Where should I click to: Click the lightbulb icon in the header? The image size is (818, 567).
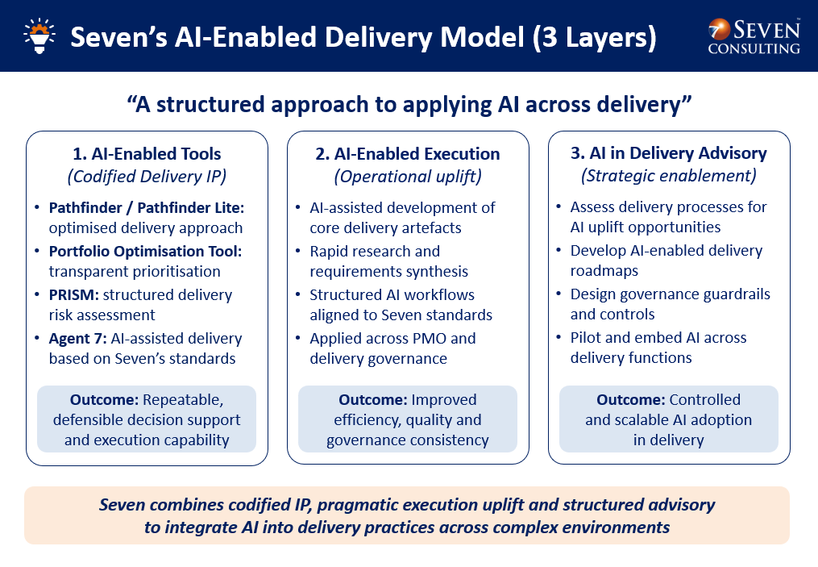click(39, 35)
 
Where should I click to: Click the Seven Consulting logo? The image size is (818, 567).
click(754, 36)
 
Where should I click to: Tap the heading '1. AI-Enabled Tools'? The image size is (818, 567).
click(147, 153)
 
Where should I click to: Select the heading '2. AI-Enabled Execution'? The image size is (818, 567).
click(408, 153)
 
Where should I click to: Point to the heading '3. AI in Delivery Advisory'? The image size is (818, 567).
click(668, 153)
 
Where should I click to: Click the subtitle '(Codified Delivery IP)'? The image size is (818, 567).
click(147, 177)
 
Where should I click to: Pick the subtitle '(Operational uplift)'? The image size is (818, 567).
click(408, 177)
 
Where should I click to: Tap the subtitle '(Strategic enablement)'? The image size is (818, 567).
click(668, 176)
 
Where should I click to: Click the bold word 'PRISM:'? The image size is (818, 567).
click(73, 295)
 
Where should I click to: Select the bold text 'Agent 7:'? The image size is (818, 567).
click(77, 339)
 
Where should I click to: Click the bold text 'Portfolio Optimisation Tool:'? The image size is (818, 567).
click(146, 252)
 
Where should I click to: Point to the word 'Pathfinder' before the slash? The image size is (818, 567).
click(85, 208)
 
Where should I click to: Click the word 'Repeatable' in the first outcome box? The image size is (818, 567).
click(183, 400)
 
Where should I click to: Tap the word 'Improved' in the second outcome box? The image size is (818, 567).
click(444, 400)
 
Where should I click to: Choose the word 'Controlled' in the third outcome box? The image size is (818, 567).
click(705, 400)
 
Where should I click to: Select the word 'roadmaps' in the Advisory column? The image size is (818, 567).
click(604, 271)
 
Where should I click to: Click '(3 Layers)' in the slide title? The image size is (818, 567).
click(594, 38)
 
